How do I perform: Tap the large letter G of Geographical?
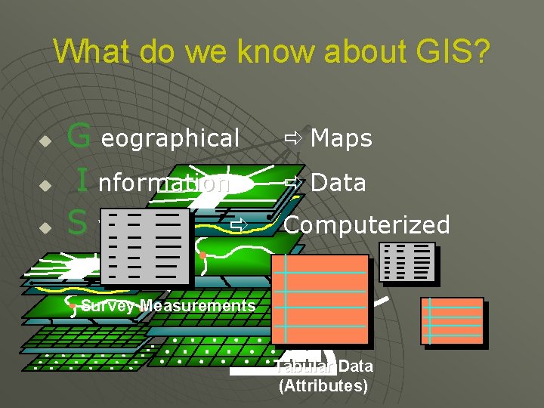(x=79, y=137)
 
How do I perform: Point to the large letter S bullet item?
(x=76, y=223)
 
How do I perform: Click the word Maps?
(x=342, y=138)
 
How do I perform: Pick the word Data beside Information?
(x=338, y=182)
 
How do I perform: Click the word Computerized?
(x=366, y=224)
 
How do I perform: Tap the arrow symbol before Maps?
(x=293, y=138)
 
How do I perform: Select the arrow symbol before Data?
(x=293, y=182)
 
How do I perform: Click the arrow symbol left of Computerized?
(x=240, y=224)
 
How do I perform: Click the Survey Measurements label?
(x=168, y=305)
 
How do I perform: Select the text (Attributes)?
(x=323, y=386)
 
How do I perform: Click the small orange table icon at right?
(x=452, y=321)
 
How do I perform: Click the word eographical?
(x=170, y=138)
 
